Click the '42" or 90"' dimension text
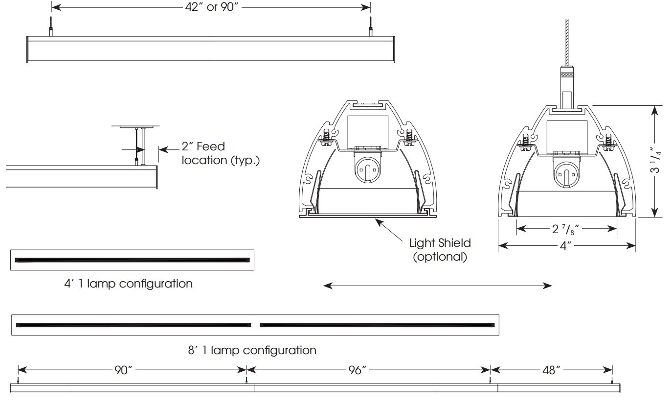[211, 7]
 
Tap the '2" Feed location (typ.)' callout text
[220, 153]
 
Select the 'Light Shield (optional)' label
[440, 249]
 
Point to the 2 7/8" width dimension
[566, 229]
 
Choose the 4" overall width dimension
[566, 246]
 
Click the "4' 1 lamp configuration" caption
[128, 284]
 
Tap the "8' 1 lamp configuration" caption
[252, 350]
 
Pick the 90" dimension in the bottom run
[124, 370]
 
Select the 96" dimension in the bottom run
[358, 370]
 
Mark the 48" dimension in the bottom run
[551, 370]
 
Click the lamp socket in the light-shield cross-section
[366, 169]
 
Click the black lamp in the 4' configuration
[132, 260]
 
